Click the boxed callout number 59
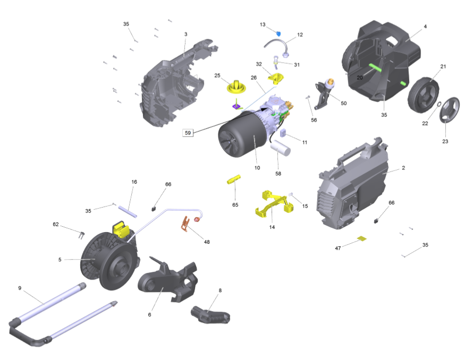pos(188,133)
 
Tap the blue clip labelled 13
pos(278,34)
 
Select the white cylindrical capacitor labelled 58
pos(280,148)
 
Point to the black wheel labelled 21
pos(423,95)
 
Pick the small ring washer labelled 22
pos(439,104)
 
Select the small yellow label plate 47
pos(362,238)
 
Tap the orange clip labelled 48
pos(185,224)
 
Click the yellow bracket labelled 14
pos(274,204)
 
